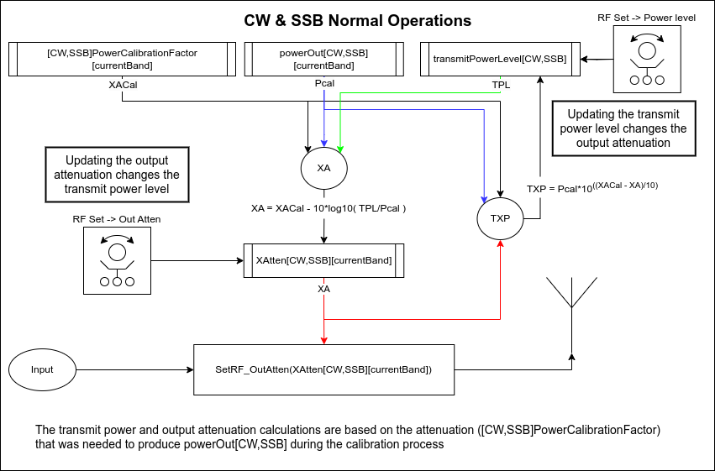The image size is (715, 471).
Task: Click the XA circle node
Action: (323, 168)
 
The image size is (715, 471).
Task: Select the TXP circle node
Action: (501, 217)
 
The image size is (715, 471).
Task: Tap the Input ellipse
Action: (42, 369)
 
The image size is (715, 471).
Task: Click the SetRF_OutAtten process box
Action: (323, 369)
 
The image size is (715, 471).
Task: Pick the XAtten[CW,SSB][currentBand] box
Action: (323, 260)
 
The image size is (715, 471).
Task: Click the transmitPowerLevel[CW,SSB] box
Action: (499, 59)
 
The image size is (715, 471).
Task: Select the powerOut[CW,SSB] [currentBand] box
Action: (323, 59)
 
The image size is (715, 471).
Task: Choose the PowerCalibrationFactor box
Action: (123, 59)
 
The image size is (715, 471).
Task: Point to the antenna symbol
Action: (571, 294)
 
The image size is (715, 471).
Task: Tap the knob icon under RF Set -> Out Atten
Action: (117, 260)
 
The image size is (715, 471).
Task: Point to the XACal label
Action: (123, 85)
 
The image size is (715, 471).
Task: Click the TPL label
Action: (501, 85)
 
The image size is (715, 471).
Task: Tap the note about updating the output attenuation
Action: (117, 175)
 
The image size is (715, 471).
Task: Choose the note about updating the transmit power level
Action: (623, 128)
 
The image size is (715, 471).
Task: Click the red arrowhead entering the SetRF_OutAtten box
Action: (323, 340)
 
